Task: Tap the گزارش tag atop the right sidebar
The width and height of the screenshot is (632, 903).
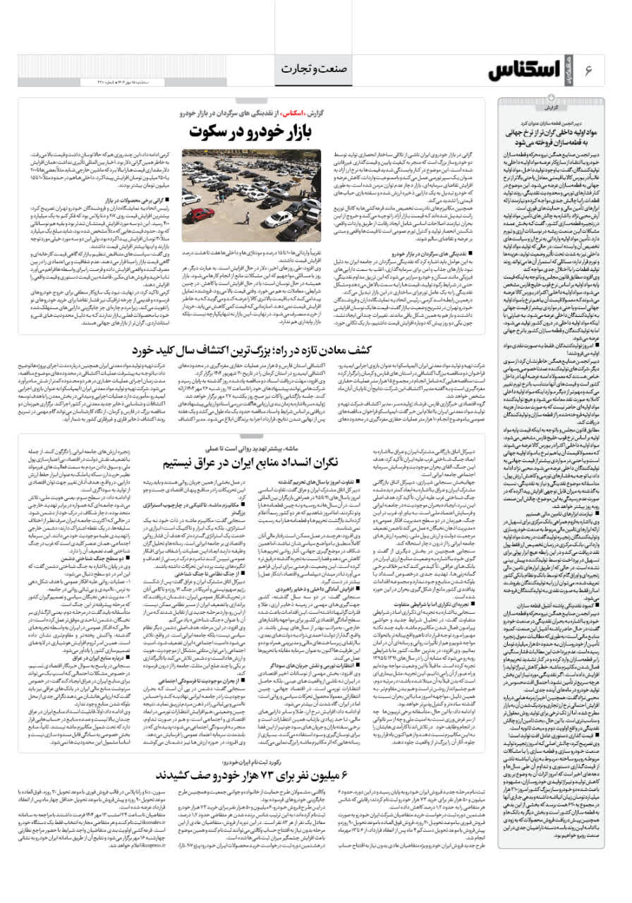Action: point(552,109)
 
